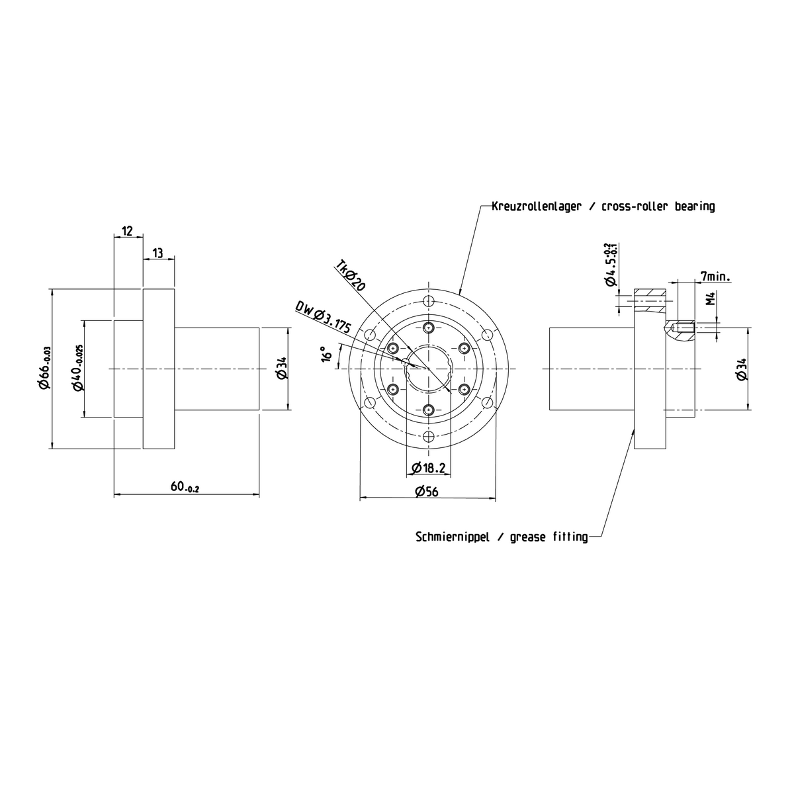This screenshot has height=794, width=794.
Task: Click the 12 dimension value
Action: click(127, 231)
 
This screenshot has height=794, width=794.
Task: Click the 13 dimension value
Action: click(159, 253)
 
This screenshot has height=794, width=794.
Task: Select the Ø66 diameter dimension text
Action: click(44, 369)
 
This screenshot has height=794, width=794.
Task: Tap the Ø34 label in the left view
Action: click(281, 368)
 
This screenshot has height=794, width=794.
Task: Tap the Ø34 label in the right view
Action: click(741, 369)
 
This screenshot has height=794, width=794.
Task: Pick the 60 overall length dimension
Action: click(185, 487)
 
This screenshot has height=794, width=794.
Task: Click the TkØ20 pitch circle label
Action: click(350, 275)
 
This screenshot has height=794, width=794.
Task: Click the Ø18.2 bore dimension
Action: click(427, 468)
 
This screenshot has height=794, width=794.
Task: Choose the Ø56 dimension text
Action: click(427, 491)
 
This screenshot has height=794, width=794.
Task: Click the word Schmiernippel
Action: click(453, 537)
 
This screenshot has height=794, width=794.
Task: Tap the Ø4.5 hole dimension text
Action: click(609, 265)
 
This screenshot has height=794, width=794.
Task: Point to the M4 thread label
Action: click(709, 299)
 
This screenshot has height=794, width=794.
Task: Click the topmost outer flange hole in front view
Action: click(429, 301)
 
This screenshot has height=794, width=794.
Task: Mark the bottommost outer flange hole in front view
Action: click(429, 437)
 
